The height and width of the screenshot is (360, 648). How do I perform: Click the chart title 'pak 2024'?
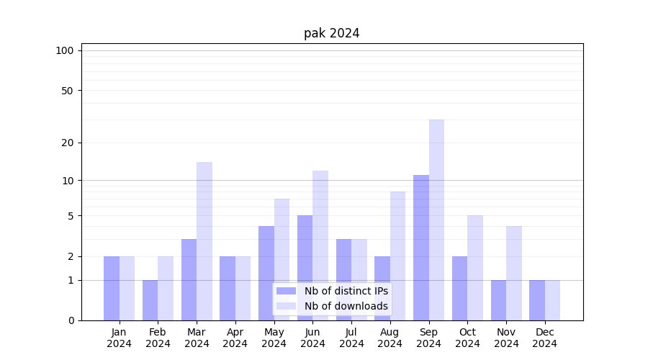point(331,33)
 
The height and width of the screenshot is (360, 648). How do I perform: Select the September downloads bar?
point(436,220)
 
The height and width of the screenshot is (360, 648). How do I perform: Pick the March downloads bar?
point(204,240)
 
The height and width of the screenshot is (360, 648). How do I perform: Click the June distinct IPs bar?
point(305,267)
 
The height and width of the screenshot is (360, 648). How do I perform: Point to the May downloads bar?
point(282,259)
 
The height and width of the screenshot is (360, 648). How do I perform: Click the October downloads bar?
point(475,267)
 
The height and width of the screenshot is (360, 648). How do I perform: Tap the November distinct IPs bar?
point(498,300)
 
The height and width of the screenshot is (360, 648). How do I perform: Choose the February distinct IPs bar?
point(150,300)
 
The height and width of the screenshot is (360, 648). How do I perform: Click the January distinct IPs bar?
point(112,288)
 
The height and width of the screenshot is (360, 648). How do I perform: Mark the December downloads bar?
point(552,300)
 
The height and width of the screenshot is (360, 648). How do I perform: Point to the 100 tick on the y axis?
point(65,50)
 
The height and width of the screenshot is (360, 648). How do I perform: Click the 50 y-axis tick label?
point(68,91)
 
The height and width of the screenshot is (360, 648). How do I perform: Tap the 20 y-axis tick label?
point(68,143)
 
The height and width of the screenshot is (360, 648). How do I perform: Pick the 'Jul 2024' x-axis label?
point(351,338)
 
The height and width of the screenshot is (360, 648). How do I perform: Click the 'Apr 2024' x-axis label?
point(235,338)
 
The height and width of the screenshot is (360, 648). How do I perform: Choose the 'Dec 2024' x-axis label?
point(544,338)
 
